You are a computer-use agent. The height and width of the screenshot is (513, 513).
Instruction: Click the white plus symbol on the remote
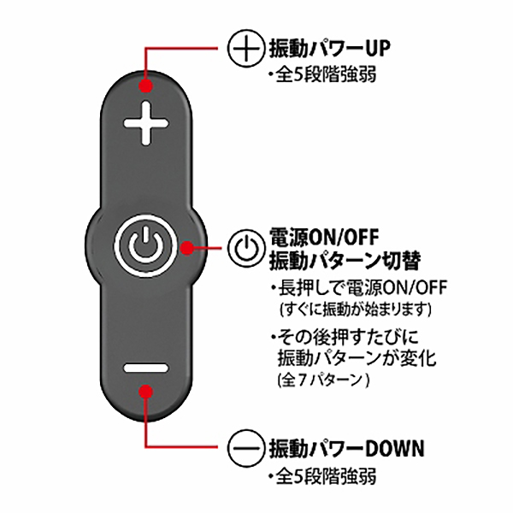[146, 123]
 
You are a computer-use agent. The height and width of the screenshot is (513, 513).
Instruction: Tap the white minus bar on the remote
[146, 368]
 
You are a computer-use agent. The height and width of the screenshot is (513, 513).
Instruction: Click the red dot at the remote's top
[146, 86]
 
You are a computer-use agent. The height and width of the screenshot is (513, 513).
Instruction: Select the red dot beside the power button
[186, 248]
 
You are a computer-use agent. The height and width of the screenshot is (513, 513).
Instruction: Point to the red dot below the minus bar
[146, 391]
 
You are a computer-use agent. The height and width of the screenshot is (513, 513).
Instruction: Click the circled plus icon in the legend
[245, 49]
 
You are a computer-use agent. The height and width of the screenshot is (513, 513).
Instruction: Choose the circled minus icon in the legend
[245, 447]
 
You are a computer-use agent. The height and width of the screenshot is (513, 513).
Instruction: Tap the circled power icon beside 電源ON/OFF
[245, 247]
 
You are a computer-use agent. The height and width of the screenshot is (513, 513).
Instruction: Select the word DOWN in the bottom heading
[395, 448]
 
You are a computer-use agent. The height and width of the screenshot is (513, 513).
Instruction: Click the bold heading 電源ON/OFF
[324, 237]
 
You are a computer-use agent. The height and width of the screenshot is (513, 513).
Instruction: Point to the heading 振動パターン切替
[345, 261]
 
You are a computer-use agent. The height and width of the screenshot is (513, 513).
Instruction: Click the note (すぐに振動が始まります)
[355, 310]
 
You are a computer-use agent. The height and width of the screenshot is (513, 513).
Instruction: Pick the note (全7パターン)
[323, 380]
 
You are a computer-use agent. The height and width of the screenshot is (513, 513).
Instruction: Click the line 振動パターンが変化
[357, 358]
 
